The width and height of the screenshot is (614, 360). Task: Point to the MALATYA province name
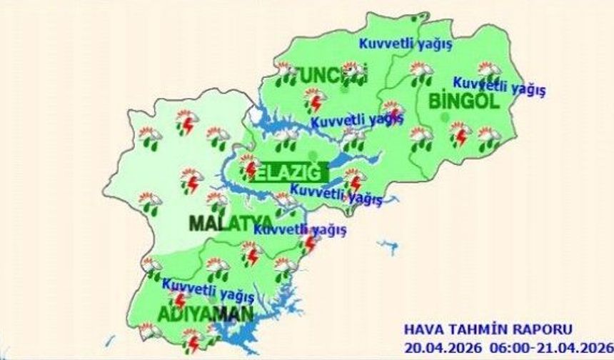(x=231, y=222)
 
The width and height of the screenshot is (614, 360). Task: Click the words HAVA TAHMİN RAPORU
(x=488, y=329)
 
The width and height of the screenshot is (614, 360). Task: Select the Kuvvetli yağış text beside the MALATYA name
(x=300, y=229)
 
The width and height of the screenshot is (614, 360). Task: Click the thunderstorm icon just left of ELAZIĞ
(x=249, y=167)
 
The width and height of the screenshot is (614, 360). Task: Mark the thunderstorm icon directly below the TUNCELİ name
(x=314, y=101)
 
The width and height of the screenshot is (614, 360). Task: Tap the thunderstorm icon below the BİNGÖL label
(x=460, y=134)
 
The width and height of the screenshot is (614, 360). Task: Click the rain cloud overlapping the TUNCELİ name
(x=352, y=72)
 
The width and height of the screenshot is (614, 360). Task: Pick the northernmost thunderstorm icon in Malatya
(x=187, y=122)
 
